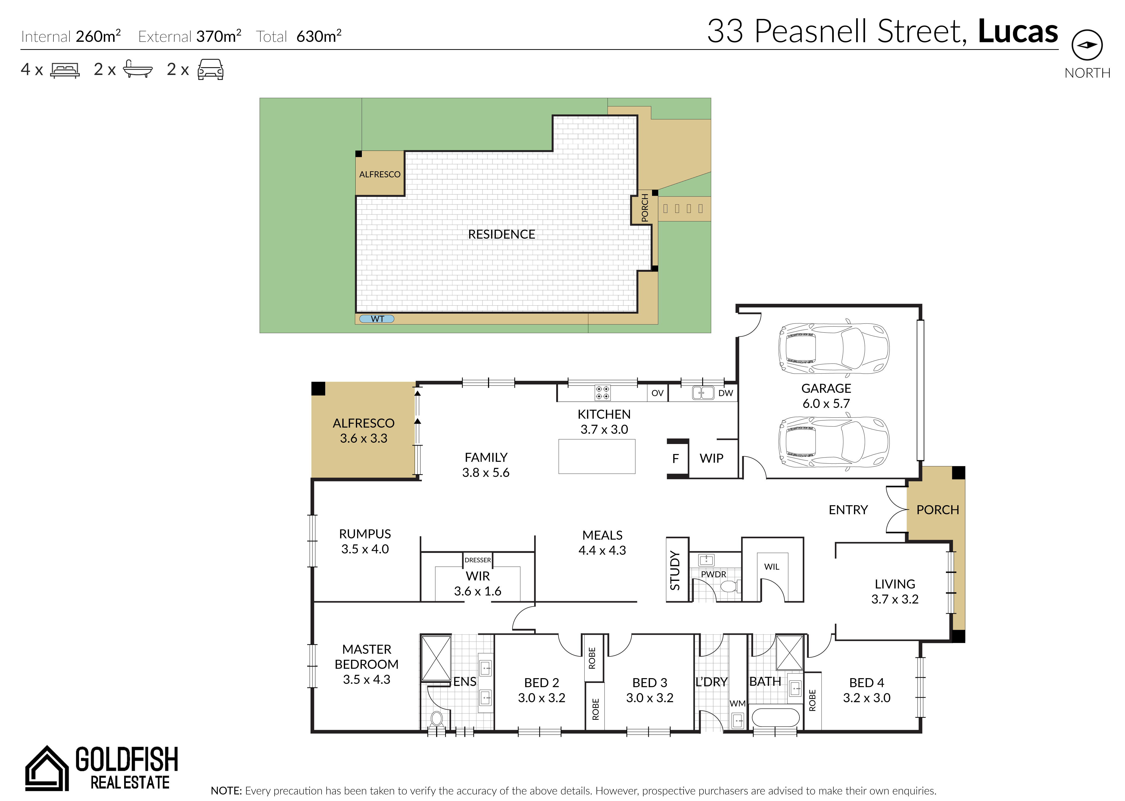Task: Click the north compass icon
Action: (1087, 45)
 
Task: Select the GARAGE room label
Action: (826, 388)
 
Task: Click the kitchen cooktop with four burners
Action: (602, 393)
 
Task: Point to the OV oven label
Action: (657, 393)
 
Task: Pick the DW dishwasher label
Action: (725, 393)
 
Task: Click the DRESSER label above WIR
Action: (478, 560)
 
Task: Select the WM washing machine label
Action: (737, 703)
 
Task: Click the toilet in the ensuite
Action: (436, 720)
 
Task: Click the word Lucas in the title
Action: (1018, 31)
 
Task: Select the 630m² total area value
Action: (319, 36)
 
